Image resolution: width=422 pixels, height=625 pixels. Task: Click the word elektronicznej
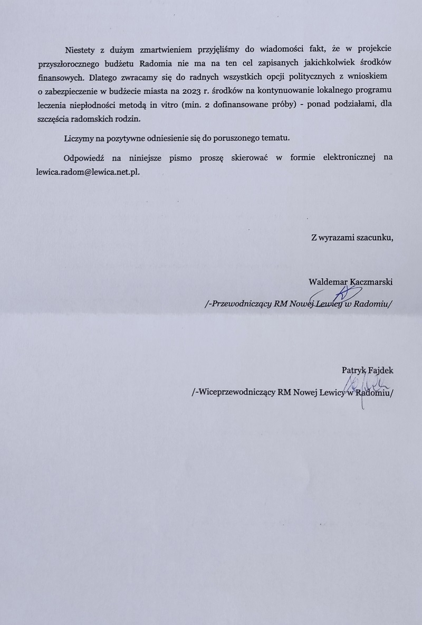334,158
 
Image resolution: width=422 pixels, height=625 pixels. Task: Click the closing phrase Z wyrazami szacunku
352,237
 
